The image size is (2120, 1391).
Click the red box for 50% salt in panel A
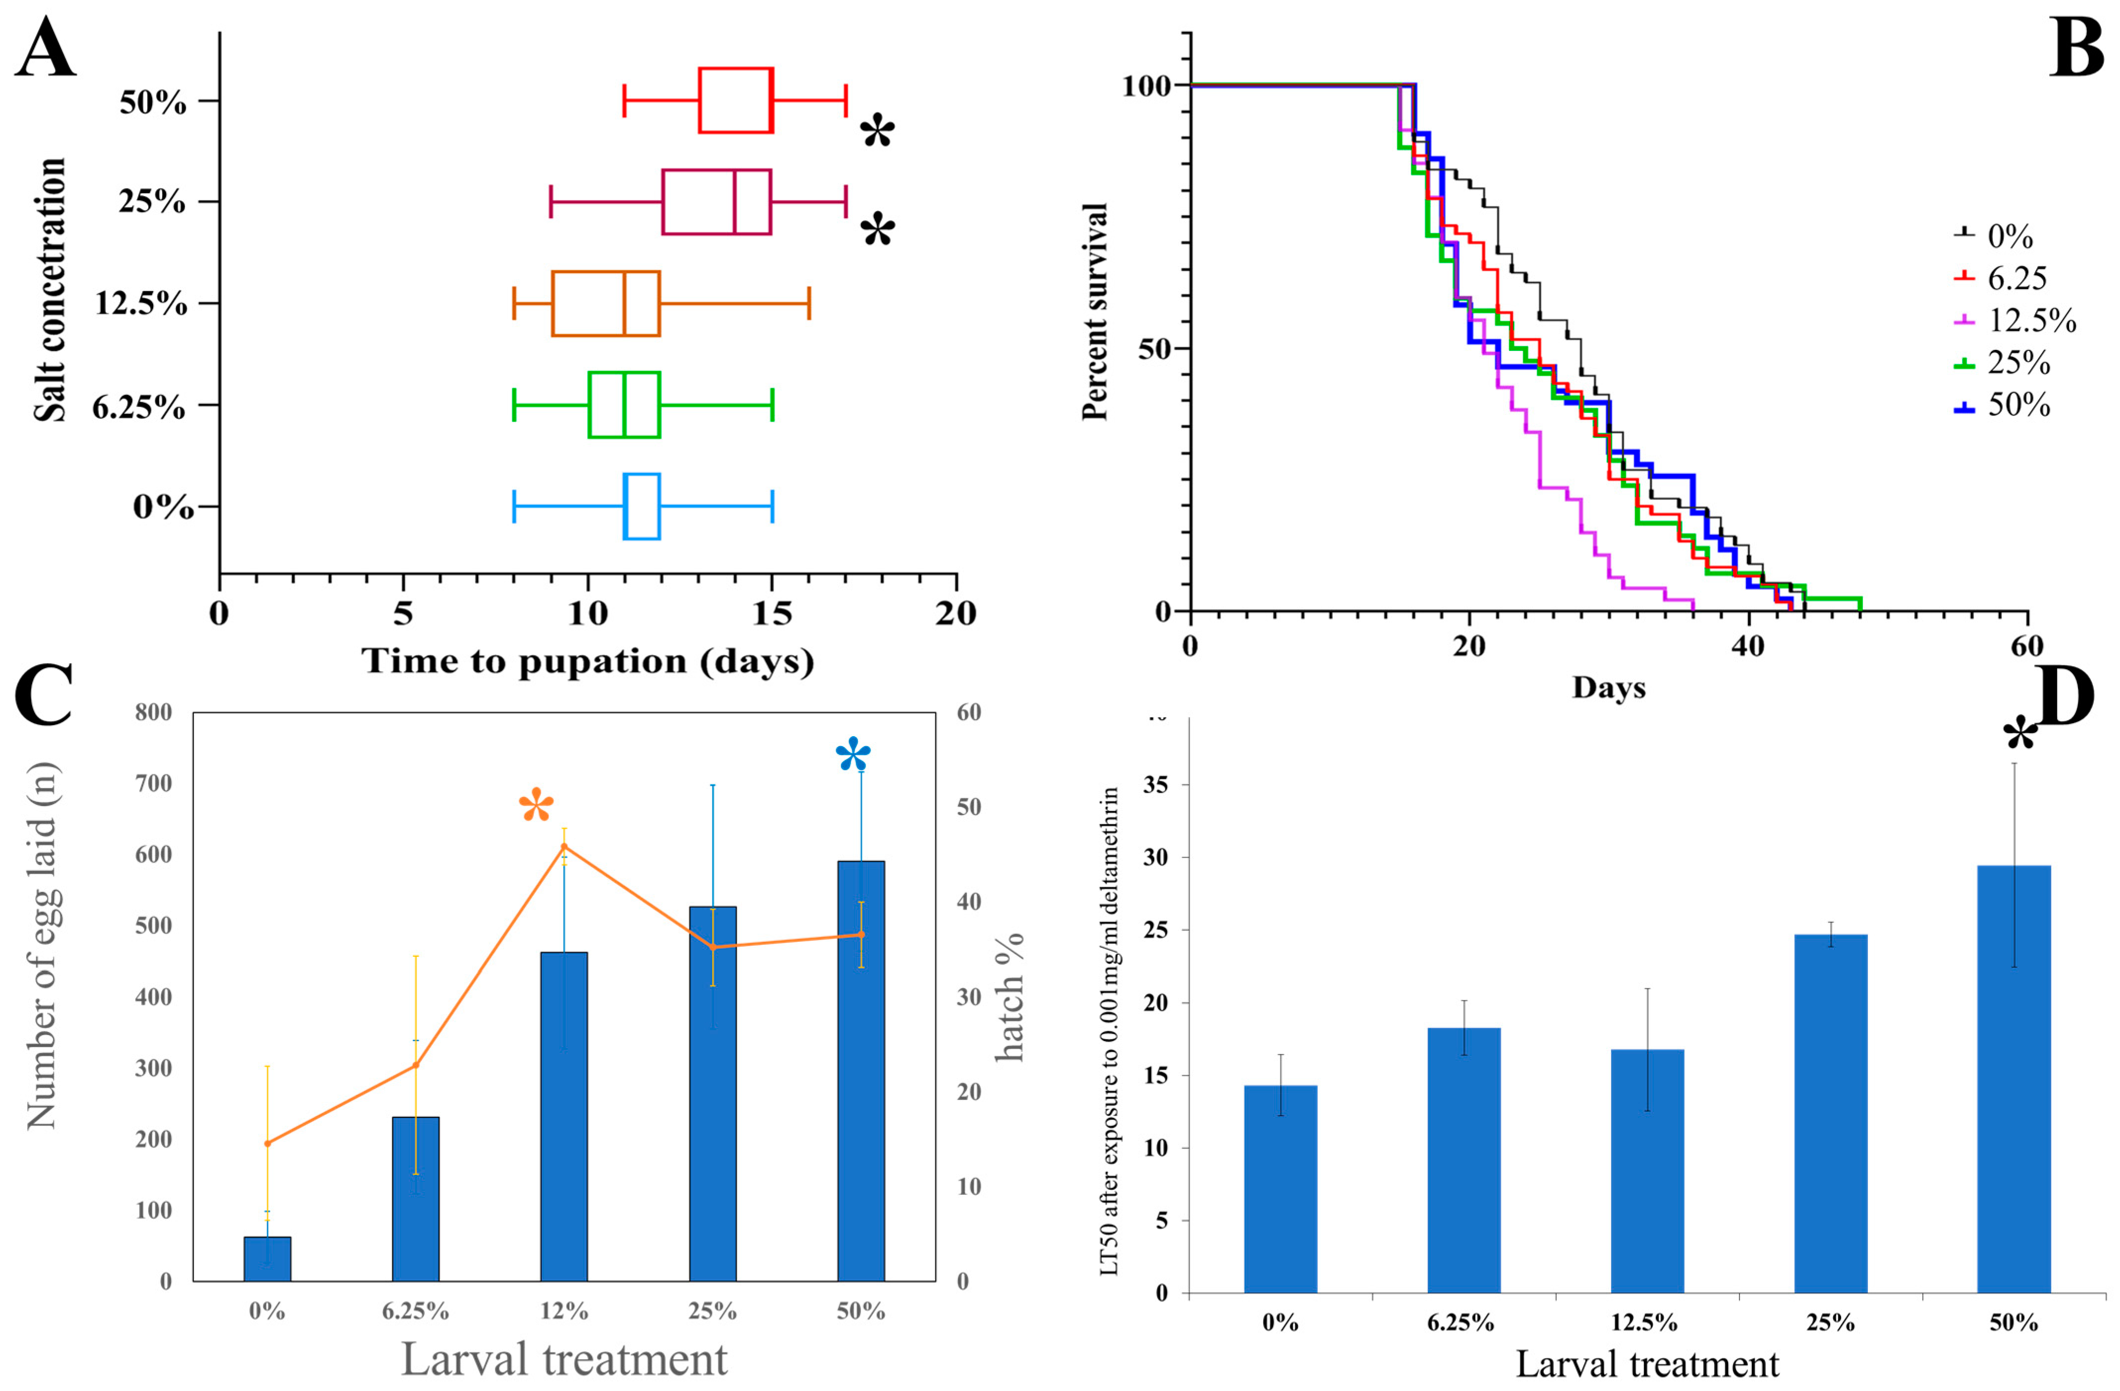click(x=735, y=101)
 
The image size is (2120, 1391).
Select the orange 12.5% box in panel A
click(x=606, y=303)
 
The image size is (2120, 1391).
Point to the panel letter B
click(x=2075, y=49)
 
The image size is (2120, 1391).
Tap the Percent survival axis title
click(x=1095, y=312)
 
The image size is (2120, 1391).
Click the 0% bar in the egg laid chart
click(x=267, y=1258)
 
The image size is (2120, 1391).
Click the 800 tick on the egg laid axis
click(x=153, y=712)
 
